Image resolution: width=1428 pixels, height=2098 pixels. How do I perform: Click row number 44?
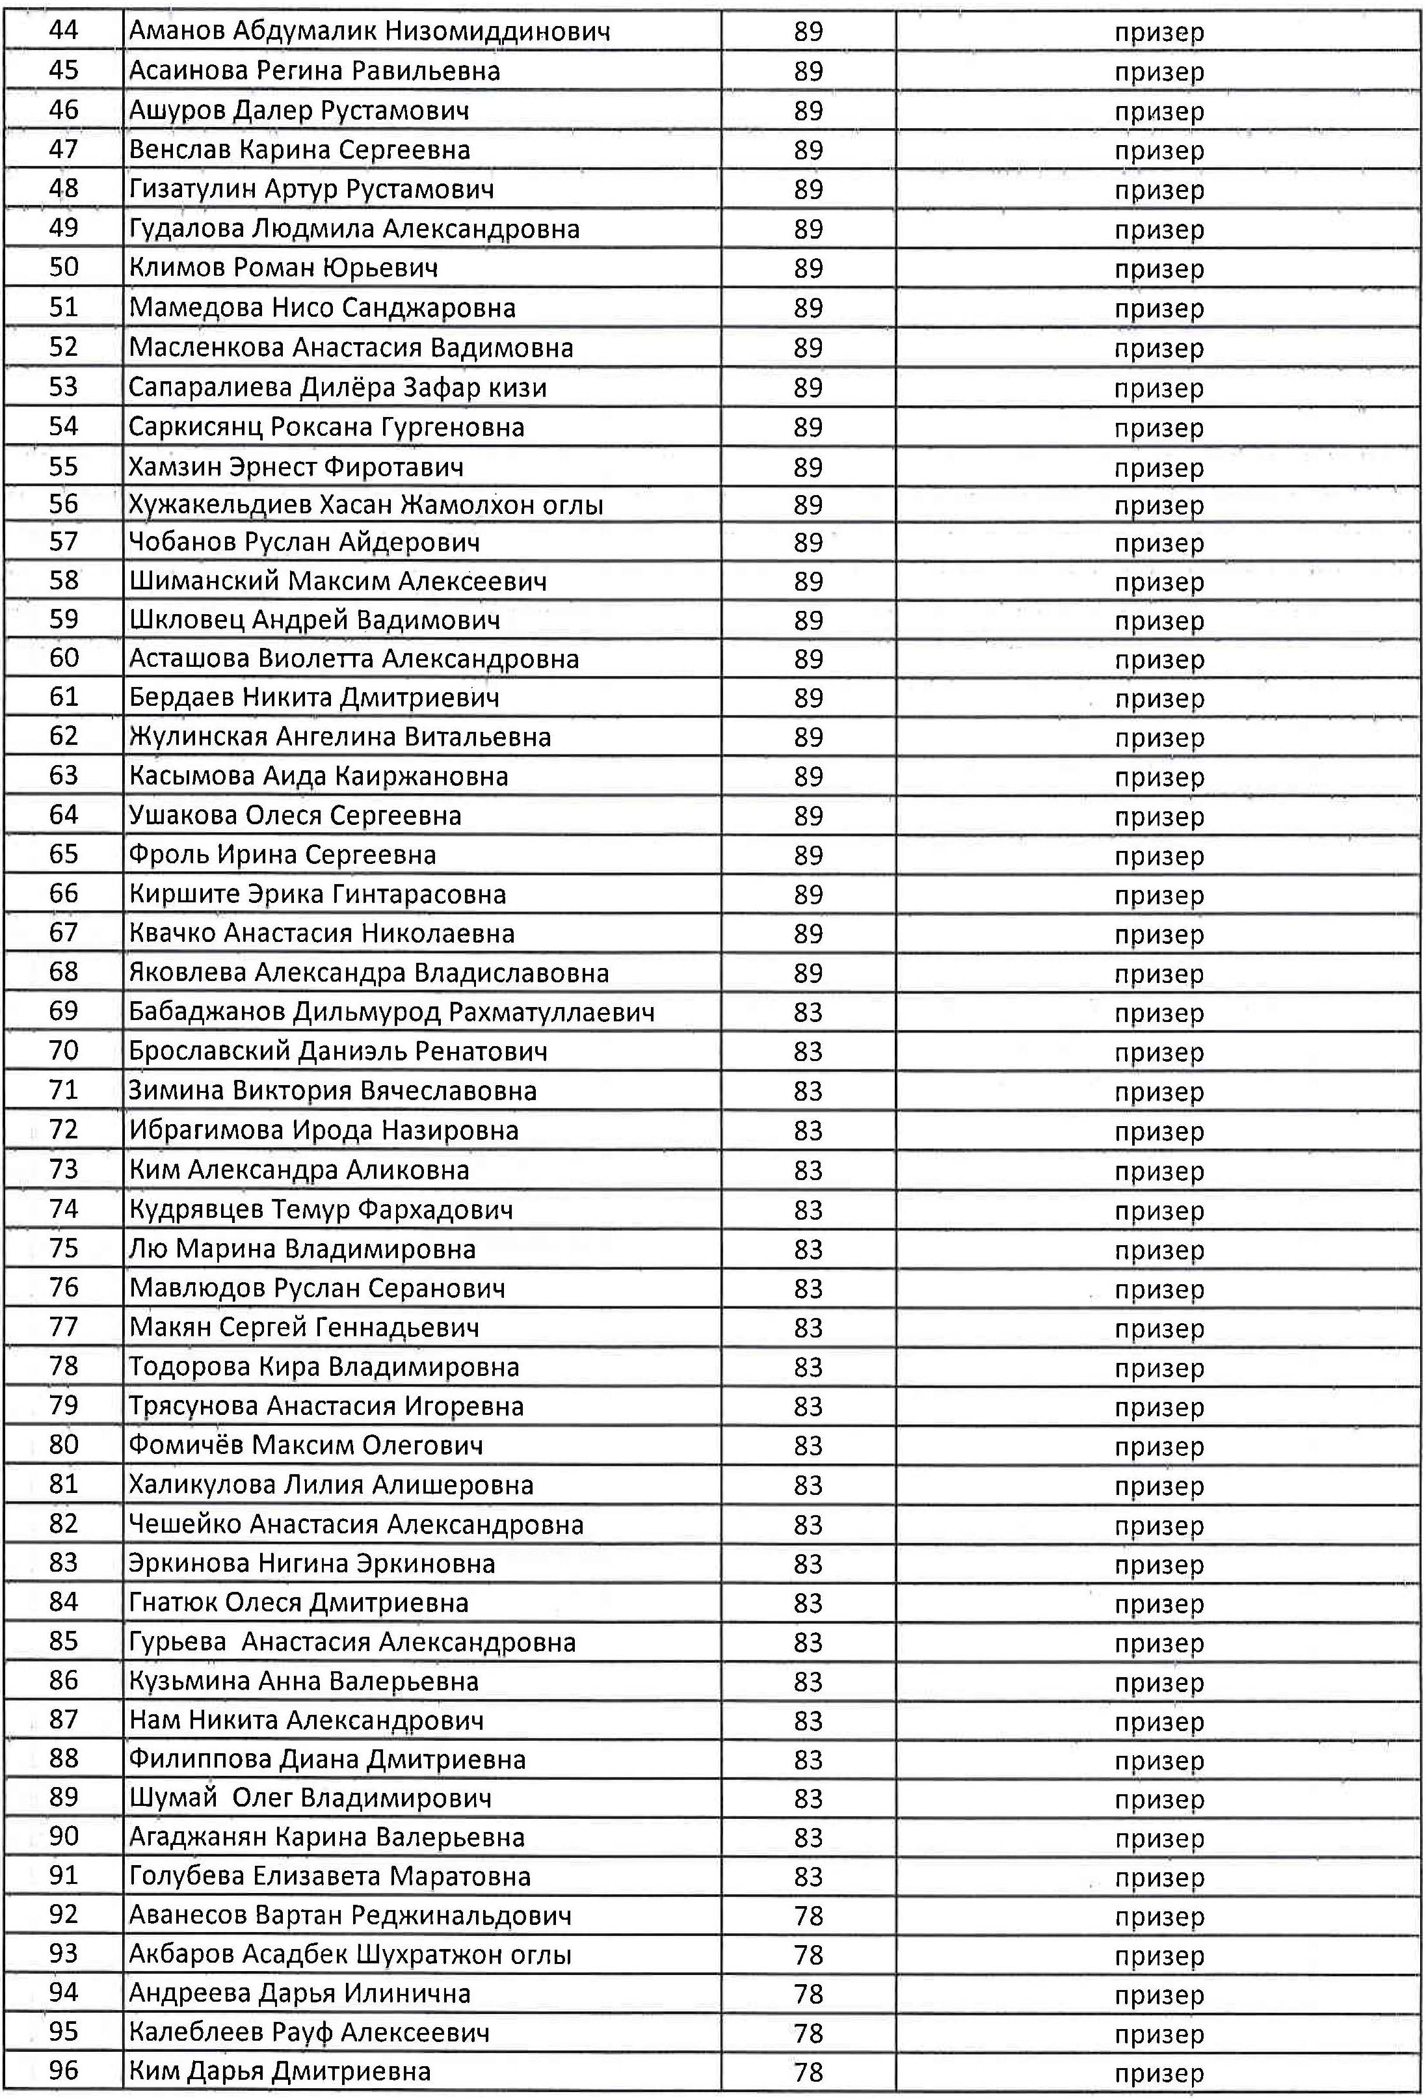63,31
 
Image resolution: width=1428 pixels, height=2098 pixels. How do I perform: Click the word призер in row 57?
1159,543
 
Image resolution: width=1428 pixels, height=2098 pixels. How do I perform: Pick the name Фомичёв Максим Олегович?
305,1446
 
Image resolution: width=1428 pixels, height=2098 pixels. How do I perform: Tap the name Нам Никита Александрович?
306,1721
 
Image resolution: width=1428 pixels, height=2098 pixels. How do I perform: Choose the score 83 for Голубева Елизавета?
808,1877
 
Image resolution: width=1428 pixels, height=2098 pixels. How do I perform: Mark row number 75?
63,1248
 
